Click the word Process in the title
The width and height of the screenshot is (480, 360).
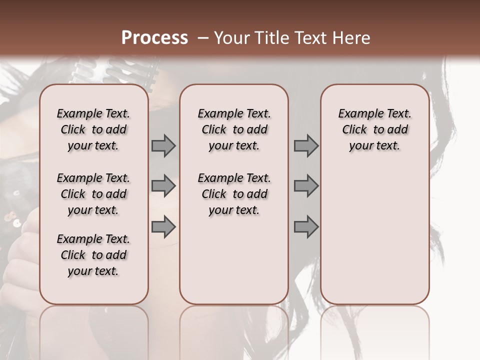click(154, 38)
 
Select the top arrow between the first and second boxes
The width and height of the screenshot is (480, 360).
click(163, 146)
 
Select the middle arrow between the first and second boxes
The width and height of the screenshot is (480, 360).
click(163, 186)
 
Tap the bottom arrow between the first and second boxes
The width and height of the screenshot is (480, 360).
click(163, 227)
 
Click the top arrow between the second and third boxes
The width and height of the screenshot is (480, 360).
click(306, 146)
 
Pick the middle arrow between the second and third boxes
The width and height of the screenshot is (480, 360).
click(306, 186)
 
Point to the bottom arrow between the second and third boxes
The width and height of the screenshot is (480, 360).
click(306, 227)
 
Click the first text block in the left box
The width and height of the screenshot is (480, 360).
click(93, 129)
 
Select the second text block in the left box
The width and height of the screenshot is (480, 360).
click(93, 194)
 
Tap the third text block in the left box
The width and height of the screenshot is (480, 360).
click(93, 255)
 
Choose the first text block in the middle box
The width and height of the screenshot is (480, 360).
click(234, 129)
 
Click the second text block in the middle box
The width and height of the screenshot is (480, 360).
click(234, 194)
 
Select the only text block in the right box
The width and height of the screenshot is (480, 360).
click(374, 129)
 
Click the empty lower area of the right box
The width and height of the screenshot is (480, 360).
click(374, 240)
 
